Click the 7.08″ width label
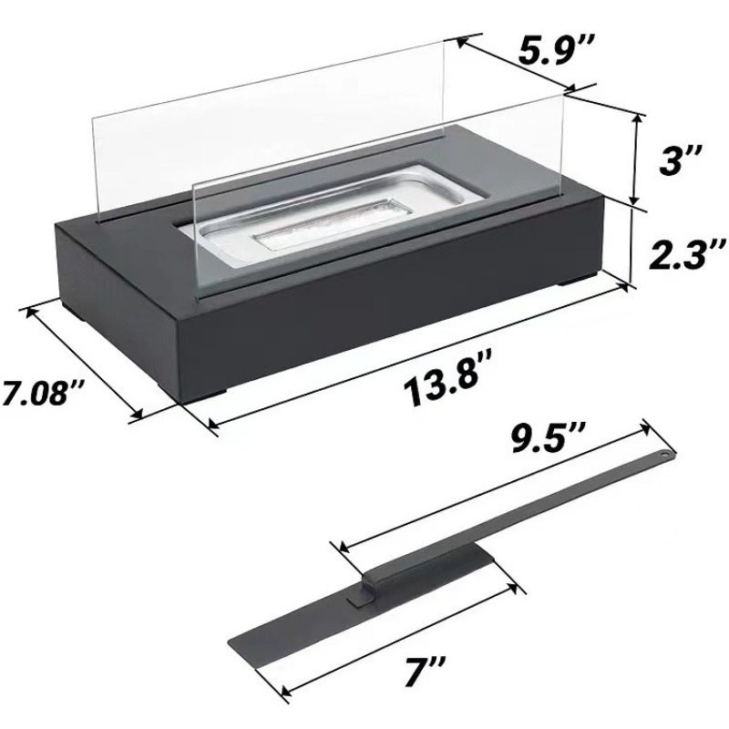coord(43,394)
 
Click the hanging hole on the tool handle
coord(664,452)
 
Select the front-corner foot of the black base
coord(212,395)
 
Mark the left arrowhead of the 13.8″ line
coord(212,422)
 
